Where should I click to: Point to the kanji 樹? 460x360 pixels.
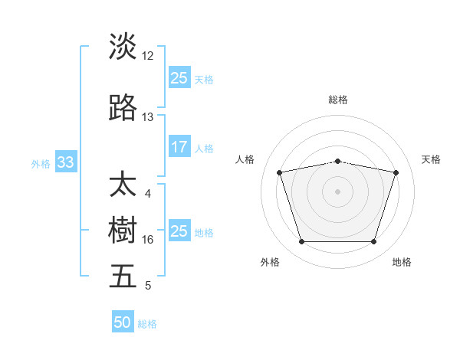click(123, 230)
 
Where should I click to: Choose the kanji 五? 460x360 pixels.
click(123, 276)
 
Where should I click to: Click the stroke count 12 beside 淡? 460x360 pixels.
click(148, 55)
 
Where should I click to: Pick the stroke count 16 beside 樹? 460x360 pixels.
click(148, 240)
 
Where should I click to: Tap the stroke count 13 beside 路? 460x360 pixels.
click(148, 117)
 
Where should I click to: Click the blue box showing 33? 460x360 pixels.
click(65, 162)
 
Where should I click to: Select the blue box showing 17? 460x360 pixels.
click(179, 148)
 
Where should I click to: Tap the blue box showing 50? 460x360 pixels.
click(123, 322)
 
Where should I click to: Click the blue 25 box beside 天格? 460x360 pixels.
click(179, 78)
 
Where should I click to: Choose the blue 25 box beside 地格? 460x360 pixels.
click(179, 231)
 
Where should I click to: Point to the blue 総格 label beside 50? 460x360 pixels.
click(147, 324)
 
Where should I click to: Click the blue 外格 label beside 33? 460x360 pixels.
click(41, 163)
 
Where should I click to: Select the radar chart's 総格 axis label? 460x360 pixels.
click(338, 100)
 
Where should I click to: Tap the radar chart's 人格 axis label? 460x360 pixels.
click(245, 159)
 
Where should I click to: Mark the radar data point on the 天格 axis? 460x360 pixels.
click(396, 172)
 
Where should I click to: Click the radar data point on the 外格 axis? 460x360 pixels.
click(302, 242)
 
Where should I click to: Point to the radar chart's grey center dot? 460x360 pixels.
click(338, 191)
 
